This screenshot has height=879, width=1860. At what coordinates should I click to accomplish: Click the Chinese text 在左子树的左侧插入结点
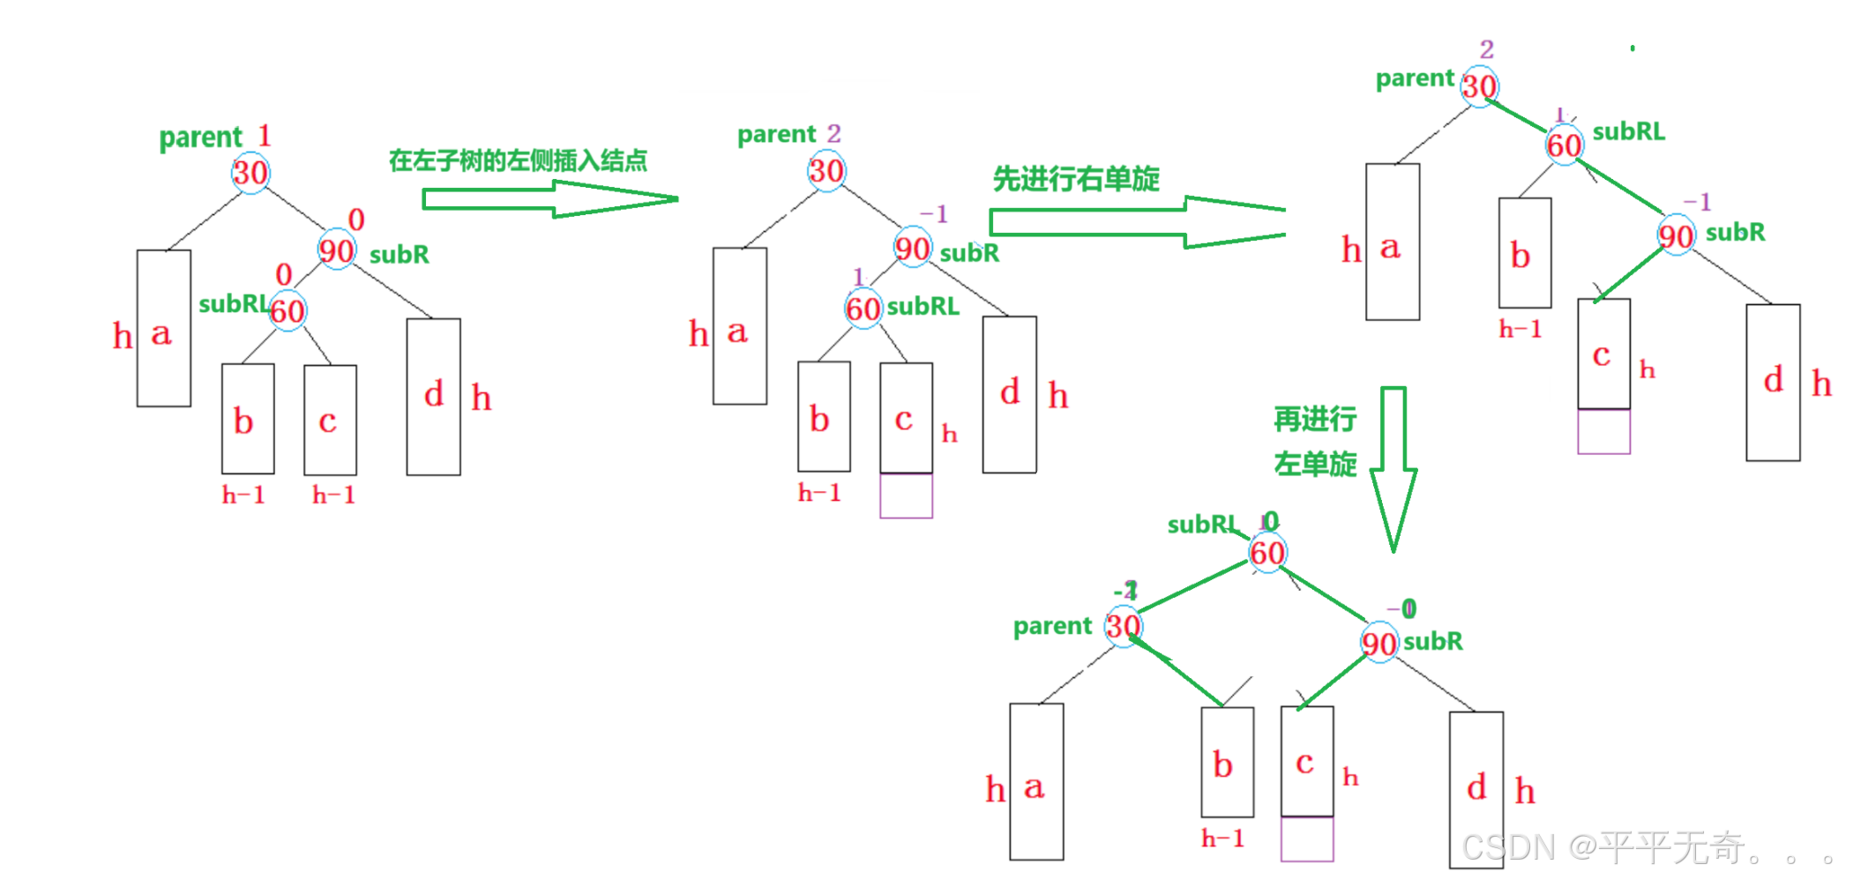(x=518, y=160)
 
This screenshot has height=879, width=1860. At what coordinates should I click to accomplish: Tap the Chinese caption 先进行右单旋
(x=1076, y=179)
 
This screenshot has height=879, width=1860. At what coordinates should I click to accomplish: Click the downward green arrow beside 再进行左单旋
(x=1393, y=467)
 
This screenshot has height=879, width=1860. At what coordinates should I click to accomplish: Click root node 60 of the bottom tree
(x=1267, y=553)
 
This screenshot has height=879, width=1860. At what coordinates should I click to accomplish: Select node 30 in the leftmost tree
(x=250, y=173)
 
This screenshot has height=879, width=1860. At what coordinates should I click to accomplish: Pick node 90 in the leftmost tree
(x=336, y=251)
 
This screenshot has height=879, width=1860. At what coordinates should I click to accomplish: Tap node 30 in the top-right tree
(x=1479, y=86)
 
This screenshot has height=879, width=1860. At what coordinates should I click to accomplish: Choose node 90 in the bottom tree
(x=1378, y=644)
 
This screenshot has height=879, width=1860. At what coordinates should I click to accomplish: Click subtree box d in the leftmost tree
(x=433, y=397)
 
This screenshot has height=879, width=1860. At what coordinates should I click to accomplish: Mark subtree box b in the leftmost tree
(x=247, y=419)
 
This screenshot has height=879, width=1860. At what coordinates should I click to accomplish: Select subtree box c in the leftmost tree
(x=330, y=420)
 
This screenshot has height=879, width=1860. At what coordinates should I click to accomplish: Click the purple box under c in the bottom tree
(x=1307, y=838)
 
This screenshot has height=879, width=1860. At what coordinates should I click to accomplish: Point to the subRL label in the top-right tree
(x=1628, y=131)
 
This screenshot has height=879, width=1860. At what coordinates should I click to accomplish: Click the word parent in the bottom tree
(x=1052, y=626)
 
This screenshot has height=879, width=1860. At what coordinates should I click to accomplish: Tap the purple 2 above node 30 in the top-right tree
(x=1487, y=48)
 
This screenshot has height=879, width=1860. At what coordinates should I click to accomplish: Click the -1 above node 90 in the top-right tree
(x=1697, y=202)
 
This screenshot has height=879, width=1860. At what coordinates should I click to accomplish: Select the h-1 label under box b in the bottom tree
(x=1222, y=838)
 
